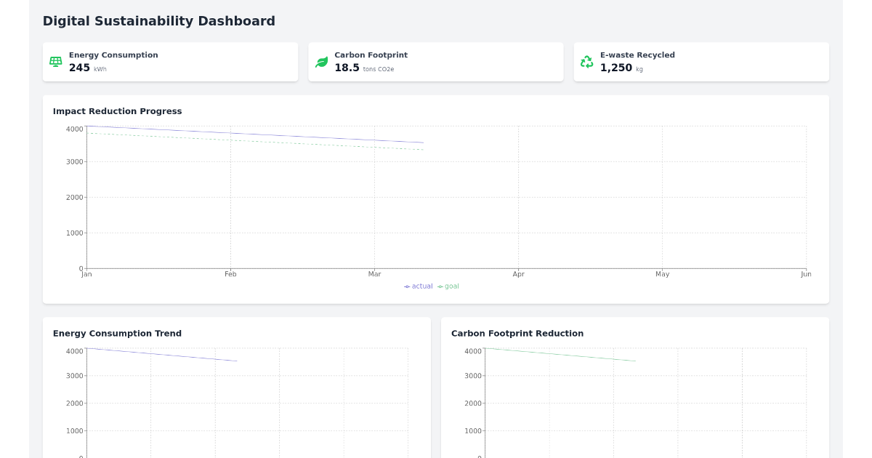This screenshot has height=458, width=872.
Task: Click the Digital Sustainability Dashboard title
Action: [158, 21]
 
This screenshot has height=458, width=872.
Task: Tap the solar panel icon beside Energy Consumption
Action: [55, 62]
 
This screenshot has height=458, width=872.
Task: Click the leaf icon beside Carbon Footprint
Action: [321, 62]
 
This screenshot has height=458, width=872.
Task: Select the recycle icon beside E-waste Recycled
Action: [586, 62]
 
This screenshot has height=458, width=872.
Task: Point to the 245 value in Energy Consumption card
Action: [79, 68]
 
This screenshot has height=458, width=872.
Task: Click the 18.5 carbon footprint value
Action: [347, 68]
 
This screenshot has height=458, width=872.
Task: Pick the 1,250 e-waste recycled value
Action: [615, 68]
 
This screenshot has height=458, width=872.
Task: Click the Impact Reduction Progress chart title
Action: [117, 111]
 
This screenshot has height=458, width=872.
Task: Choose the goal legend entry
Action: [449, 286]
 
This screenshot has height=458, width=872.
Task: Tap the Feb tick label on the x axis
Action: [230, 274]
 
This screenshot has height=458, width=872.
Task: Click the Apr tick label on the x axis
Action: [518, 274]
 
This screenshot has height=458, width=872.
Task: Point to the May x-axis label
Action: [662, 274]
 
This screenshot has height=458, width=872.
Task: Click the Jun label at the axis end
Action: [805, 274]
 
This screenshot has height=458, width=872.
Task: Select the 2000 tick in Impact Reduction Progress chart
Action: [74, 197]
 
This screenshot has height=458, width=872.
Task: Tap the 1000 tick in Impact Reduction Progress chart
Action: [74, 233]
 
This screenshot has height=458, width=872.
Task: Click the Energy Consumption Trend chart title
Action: [117, 334]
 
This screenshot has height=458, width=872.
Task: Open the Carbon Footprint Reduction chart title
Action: [517, 334]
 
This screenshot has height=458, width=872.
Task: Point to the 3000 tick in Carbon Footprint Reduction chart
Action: [472, 376]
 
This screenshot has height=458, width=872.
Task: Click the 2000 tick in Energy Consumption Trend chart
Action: [74, 403]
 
